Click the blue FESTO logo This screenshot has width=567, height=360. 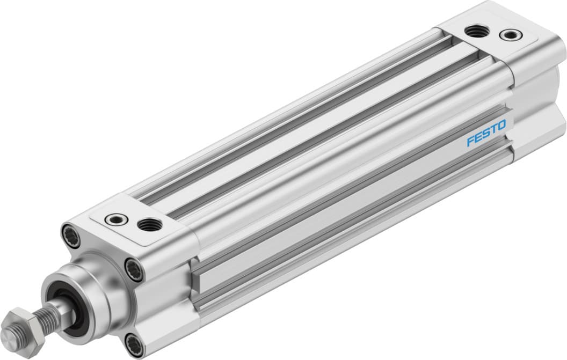486,133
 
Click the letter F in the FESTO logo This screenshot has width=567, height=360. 470,141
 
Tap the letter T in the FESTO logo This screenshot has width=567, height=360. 493,129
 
